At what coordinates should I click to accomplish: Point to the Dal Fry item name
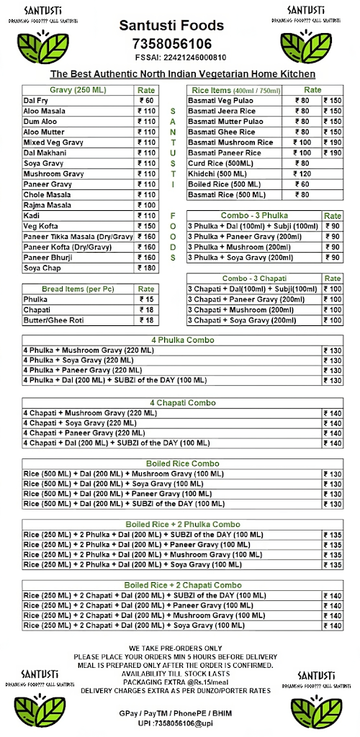tap(36, 101)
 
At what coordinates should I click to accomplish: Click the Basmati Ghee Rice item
tap(222, 132)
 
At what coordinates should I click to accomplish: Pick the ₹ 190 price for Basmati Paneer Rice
tap(333, 153)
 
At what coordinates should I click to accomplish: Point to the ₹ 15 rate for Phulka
tap(146, 299)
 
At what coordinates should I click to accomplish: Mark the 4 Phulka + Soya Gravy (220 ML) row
tap(78, 360)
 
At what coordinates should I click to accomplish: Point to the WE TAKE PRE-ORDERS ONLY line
tap(176, 648)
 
